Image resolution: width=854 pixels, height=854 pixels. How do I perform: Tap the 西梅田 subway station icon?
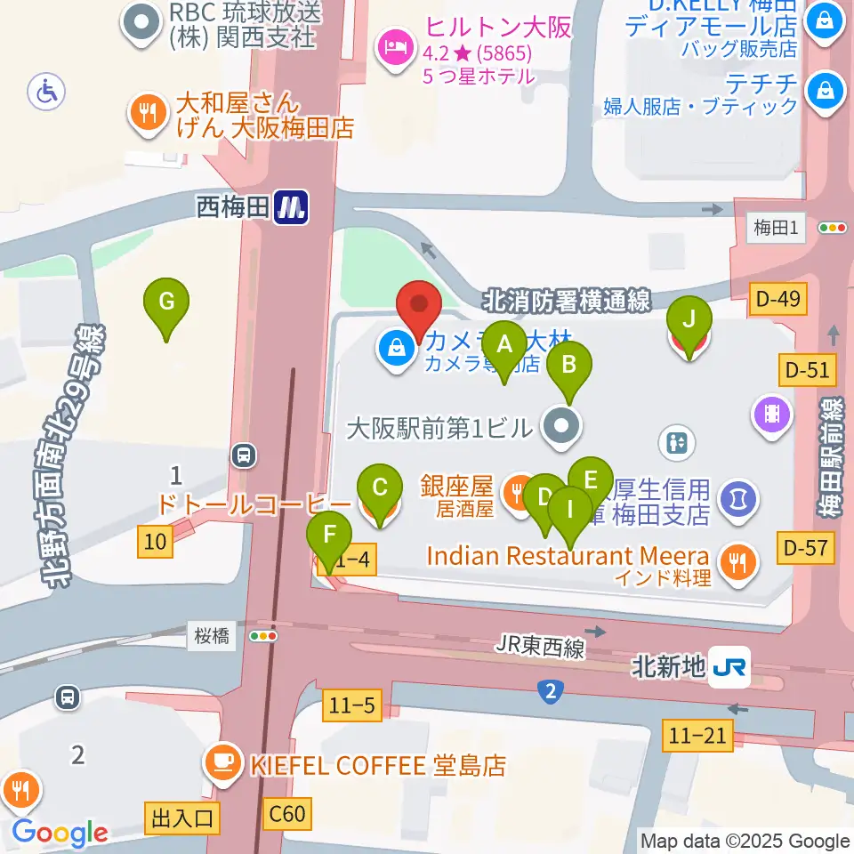tap(291, 207)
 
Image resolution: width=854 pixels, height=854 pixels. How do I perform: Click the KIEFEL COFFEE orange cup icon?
tap(219, 762)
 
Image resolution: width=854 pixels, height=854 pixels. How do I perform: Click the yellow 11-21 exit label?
tap(697, 735)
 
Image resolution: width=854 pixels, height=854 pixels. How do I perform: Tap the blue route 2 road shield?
tap(551, 690)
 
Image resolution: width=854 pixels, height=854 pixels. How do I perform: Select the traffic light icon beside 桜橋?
tap(263, 636)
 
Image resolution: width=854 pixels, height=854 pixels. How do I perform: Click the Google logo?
tap(60, 833)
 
